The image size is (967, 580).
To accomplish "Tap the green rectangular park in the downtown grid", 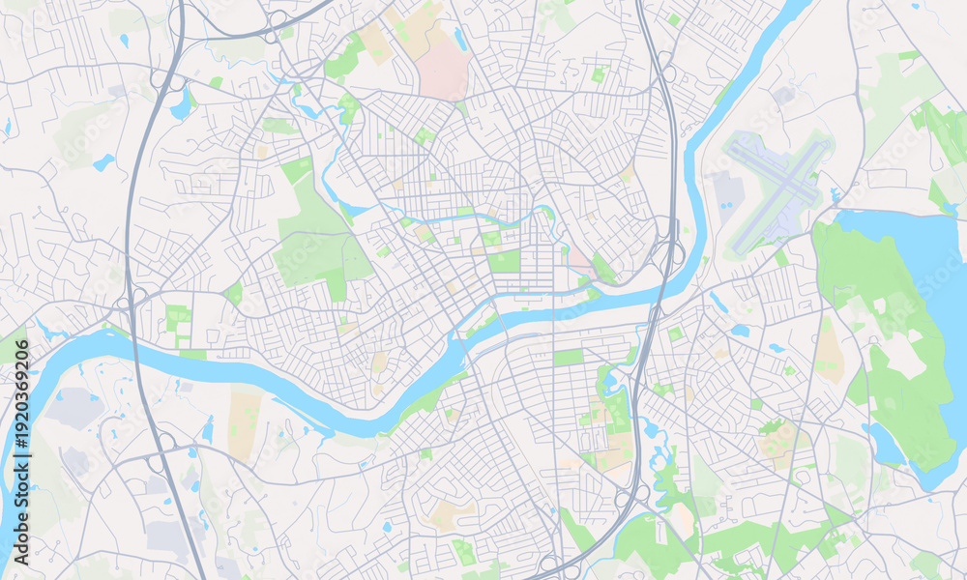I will [x=504, y=262].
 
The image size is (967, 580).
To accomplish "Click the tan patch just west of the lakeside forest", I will [x=828, y=353].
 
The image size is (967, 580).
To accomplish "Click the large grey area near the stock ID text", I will [x=74, y=408].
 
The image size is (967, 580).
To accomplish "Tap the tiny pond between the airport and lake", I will [x=834, y=196].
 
